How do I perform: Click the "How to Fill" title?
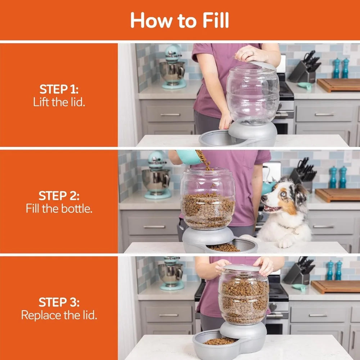click(x=179, y=20)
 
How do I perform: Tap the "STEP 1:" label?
click(x=59, y=89)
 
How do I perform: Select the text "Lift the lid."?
click(x=59, y=102)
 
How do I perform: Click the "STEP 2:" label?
click(x=59, y=196)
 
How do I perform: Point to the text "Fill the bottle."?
click(x=59, y=208)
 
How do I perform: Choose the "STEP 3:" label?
click(x=59, y=302)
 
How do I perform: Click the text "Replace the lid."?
click(x=59, y=315)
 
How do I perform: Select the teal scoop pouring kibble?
click(x=189, y=157)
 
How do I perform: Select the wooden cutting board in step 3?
click(x=335, y=287)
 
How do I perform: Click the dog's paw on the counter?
click(x=285, y=243)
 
